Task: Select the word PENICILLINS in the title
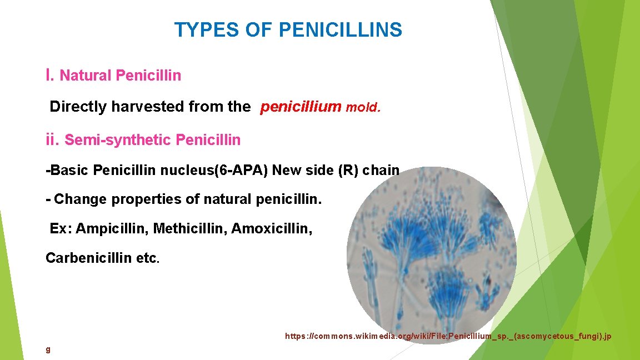[340, 30]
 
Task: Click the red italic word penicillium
[301, 107]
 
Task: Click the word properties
[147, 199]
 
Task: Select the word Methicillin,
[190, 228]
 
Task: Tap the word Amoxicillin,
[272, 228]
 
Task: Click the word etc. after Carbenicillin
[148, 258]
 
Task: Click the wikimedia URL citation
[448, 336]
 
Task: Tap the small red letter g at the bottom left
[48, 349]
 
